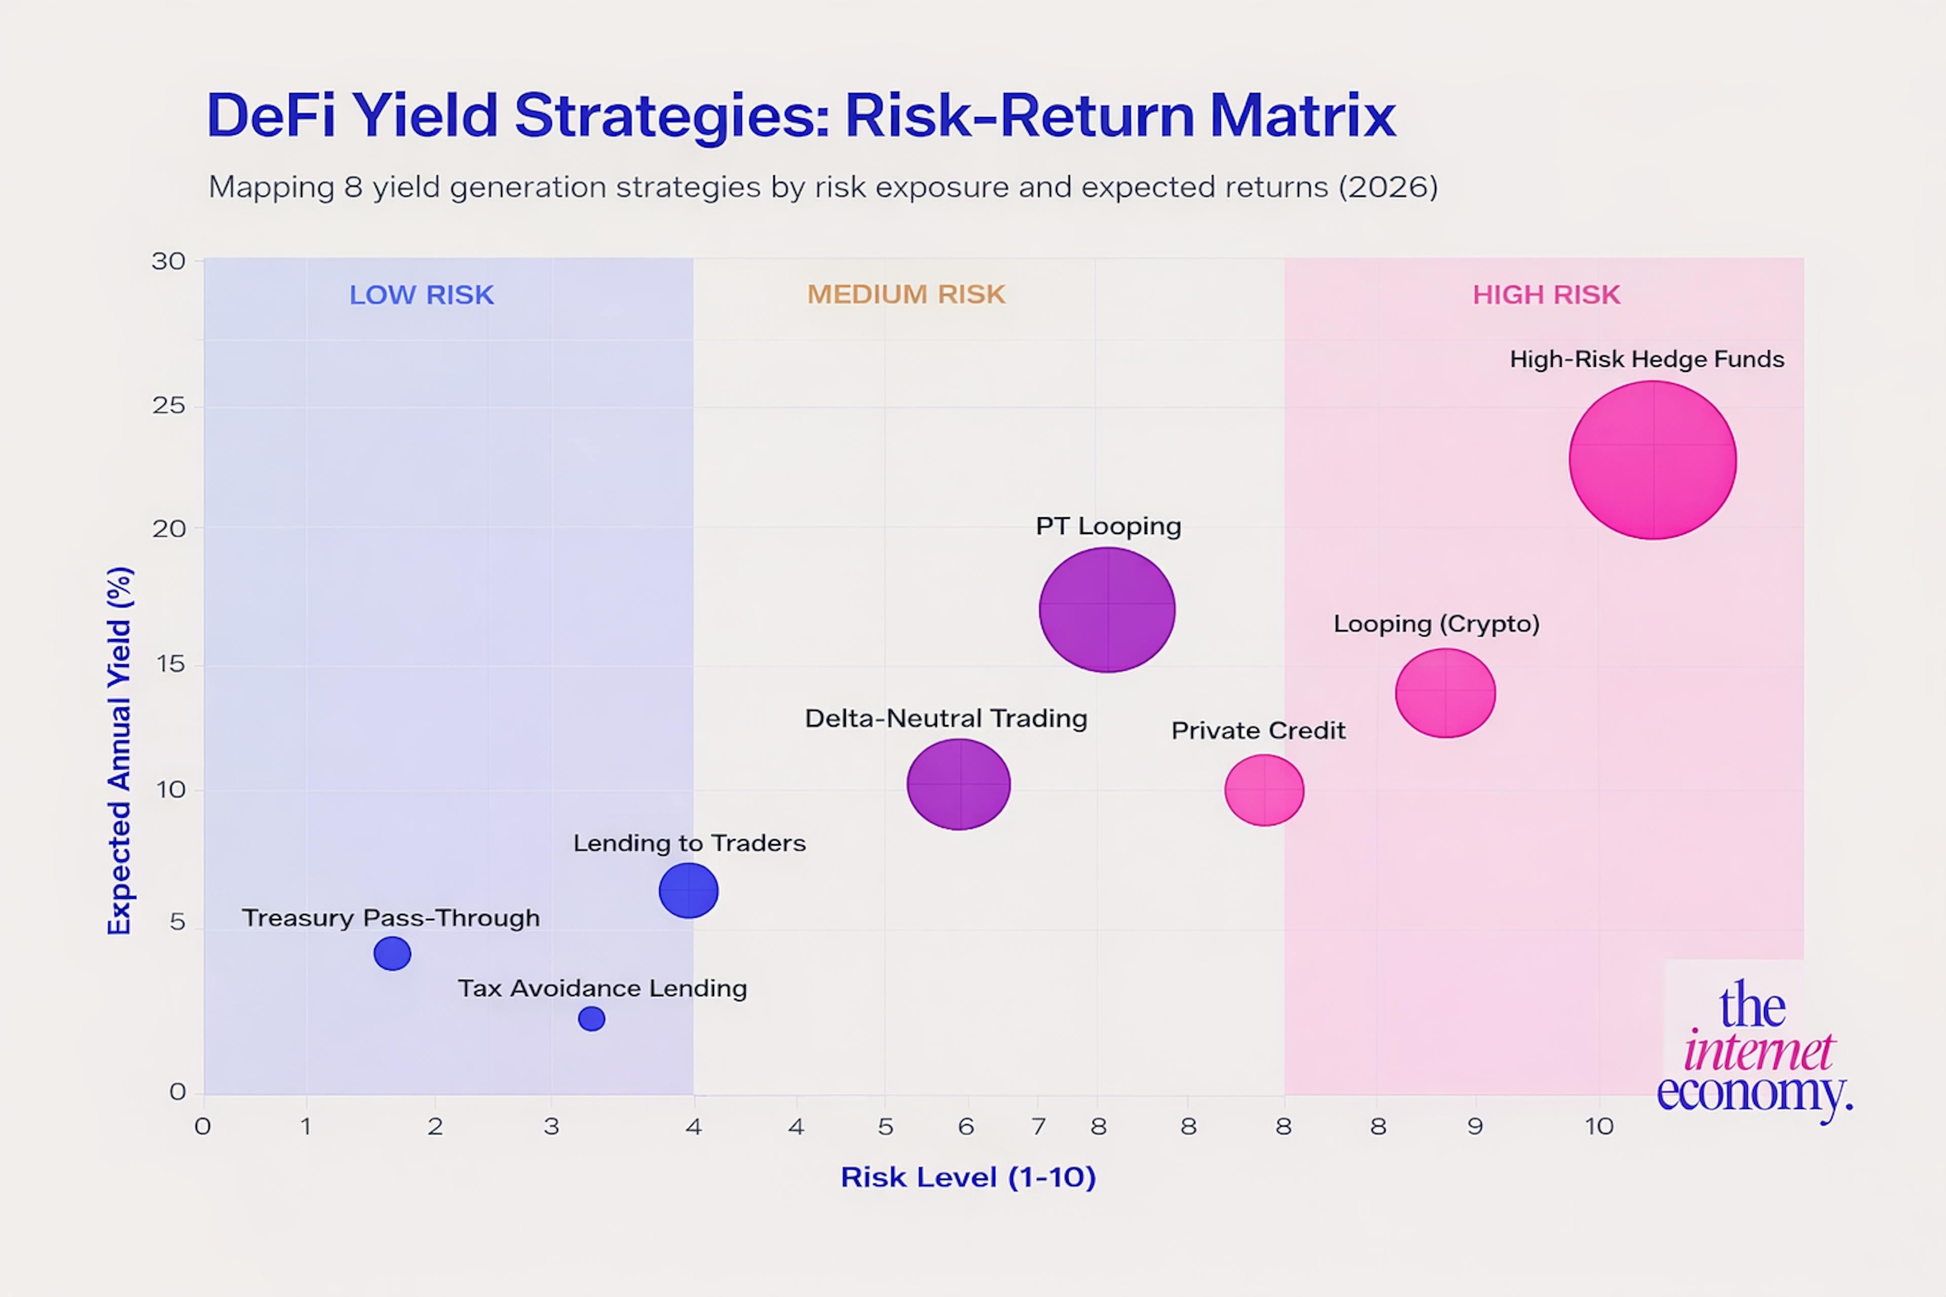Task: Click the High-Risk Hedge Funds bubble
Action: pyautogui.click(x=1652, y=460)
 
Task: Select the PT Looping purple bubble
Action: pyautogui.click(x=1107, y=609)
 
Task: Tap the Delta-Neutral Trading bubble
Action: pyautogui.click(x=959, y=784)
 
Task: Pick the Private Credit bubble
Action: pyautogui.click(x=1264, y=790)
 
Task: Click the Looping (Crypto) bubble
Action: pyautogui.click(x=1445, y=693)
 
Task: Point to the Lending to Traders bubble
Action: pyautogui.click(x=688, y=891)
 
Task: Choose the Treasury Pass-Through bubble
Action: pyautogui.click(x=392, y=953)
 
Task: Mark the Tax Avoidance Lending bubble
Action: pyautogui.click(x=591, y=1018)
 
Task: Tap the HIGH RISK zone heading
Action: pyautogui.click(x=1546, y=295)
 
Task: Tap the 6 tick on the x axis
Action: pyautogui.click(x=965, y=1127)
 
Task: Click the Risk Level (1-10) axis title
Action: pyautogui.click(x=968, y=1177)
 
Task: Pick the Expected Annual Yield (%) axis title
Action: pyautogui.click(x=120, y=751)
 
